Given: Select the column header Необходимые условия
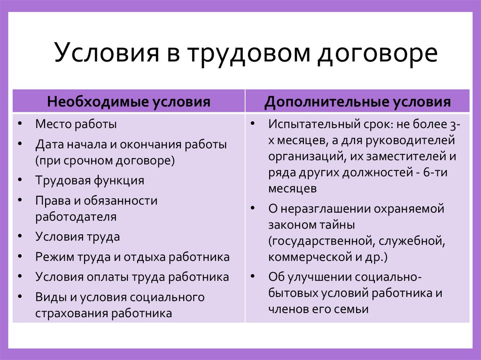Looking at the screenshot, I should (128, 102).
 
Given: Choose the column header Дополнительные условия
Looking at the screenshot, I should (357, 102).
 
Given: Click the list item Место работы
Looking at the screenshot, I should (76, 124).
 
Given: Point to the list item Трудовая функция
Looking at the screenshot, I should (89, 180).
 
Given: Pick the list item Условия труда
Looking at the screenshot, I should (78, 237).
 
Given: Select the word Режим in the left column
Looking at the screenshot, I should (51, 257).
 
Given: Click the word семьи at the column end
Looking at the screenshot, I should (353, 309).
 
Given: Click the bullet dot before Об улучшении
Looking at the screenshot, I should (252, 276).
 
